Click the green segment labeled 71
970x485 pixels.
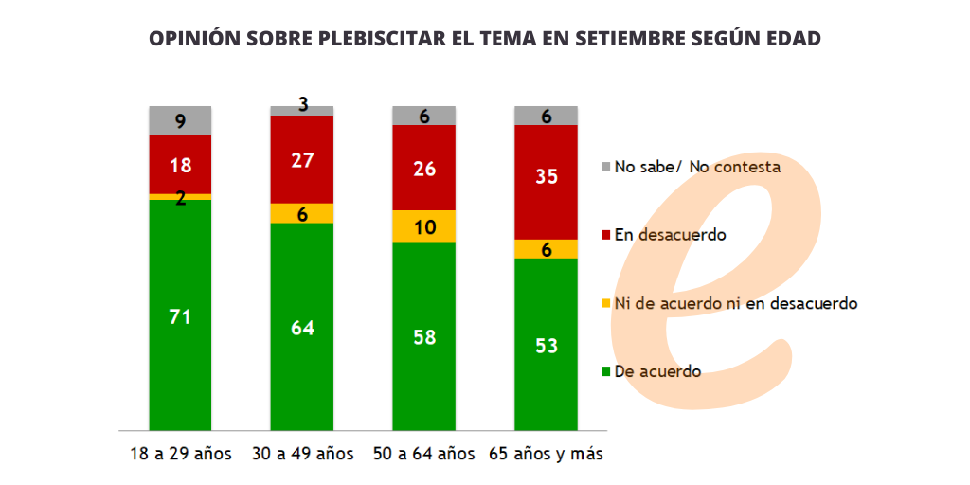[x=180, y=315]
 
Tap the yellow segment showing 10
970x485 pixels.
[x=424, y=226]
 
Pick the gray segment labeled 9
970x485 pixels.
[x=180, y=121]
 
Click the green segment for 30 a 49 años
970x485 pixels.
[x=302, y=327]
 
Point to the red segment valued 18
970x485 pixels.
[x=180, y=165]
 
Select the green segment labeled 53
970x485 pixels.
[x=546, y=344]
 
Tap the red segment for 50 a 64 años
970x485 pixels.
[x=424, y=168]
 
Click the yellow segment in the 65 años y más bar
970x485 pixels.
[x=546, y=249]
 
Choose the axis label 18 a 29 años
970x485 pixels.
[x=180, y=455]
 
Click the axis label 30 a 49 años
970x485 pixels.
[x=302, y=455]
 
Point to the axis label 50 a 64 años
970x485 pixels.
[x=424, y=455]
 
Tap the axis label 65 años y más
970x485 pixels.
[x=547, y=455]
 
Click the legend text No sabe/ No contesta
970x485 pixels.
[x=697, y=167]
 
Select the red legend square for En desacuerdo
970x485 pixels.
[x=606, y=235]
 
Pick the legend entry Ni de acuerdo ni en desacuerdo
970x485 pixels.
[x=735, y=303]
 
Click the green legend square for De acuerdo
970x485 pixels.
[x=606, y=371]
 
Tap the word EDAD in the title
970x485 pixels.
[x=791, y=39]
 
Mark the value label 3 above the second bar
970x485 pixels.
[x=303, y=104]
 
